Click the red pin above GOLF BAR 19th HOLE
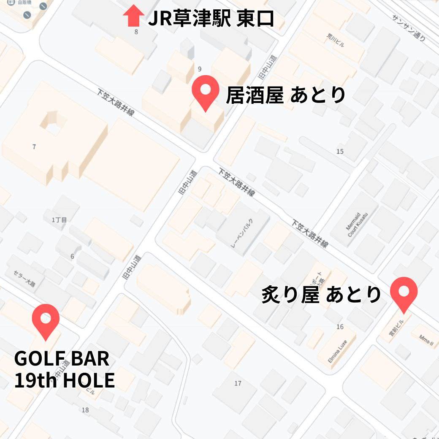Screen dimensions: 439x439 point(46,321)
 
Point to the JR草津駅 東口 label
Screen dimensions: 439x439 point(211,19)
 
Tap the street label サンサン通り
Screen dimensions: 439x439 point(408,28)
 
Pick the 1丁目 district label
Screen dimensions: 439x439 point(59,219)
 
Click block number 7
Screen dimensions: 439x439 point(34,147)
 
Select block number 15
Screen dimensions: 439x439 point(340,152)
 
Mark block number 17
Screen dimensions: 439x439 point(238,383)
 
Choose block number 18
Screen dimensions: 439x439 point(85,410)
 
